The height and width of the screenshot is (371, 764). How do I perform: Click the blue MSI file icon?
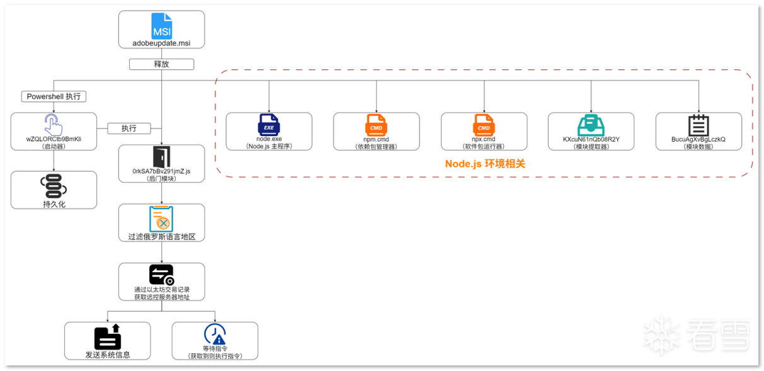tap(161, 26)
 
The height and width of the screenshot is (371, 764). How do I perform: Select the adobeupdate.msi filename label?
tap(161, 43)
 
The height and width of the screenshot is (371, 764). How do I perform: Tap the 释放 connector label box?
tap(161, 64)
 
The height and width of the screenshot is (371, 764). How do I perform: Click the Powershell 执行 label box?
tap(54, 96)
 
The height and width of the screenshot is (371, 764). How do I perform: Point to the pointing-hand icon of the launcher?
tap(54, 124)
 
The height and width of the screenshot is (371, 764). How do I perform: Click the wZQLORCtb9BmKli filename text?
tap(54, 139)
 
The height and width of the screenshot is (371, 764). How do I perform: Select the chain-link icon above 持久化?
tap(54, 186)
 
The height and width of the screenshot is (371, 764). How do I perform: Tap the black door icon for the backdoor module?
tap(161, 157)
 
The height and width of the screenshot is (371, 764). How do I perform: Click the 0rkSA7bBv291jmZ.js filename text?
tap(161, 171)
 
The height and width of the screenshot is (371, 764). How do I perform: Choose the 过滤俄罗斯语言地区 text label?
tap(161, 237)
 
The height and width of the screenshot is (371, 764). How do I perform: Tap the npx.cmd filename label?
tap(484, 139)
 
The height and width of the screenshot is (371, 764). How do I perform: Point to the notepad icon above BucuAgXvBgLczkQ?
tap(698, 125)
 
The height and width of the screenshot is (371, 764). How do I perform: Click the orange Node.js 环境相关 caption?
tap(485, 164)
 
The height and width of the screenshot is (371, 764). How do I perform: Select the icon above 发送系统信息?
tap(107, 337)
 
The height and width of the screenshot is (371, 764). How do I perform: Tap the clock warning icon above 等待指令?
tap(215, 334)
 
